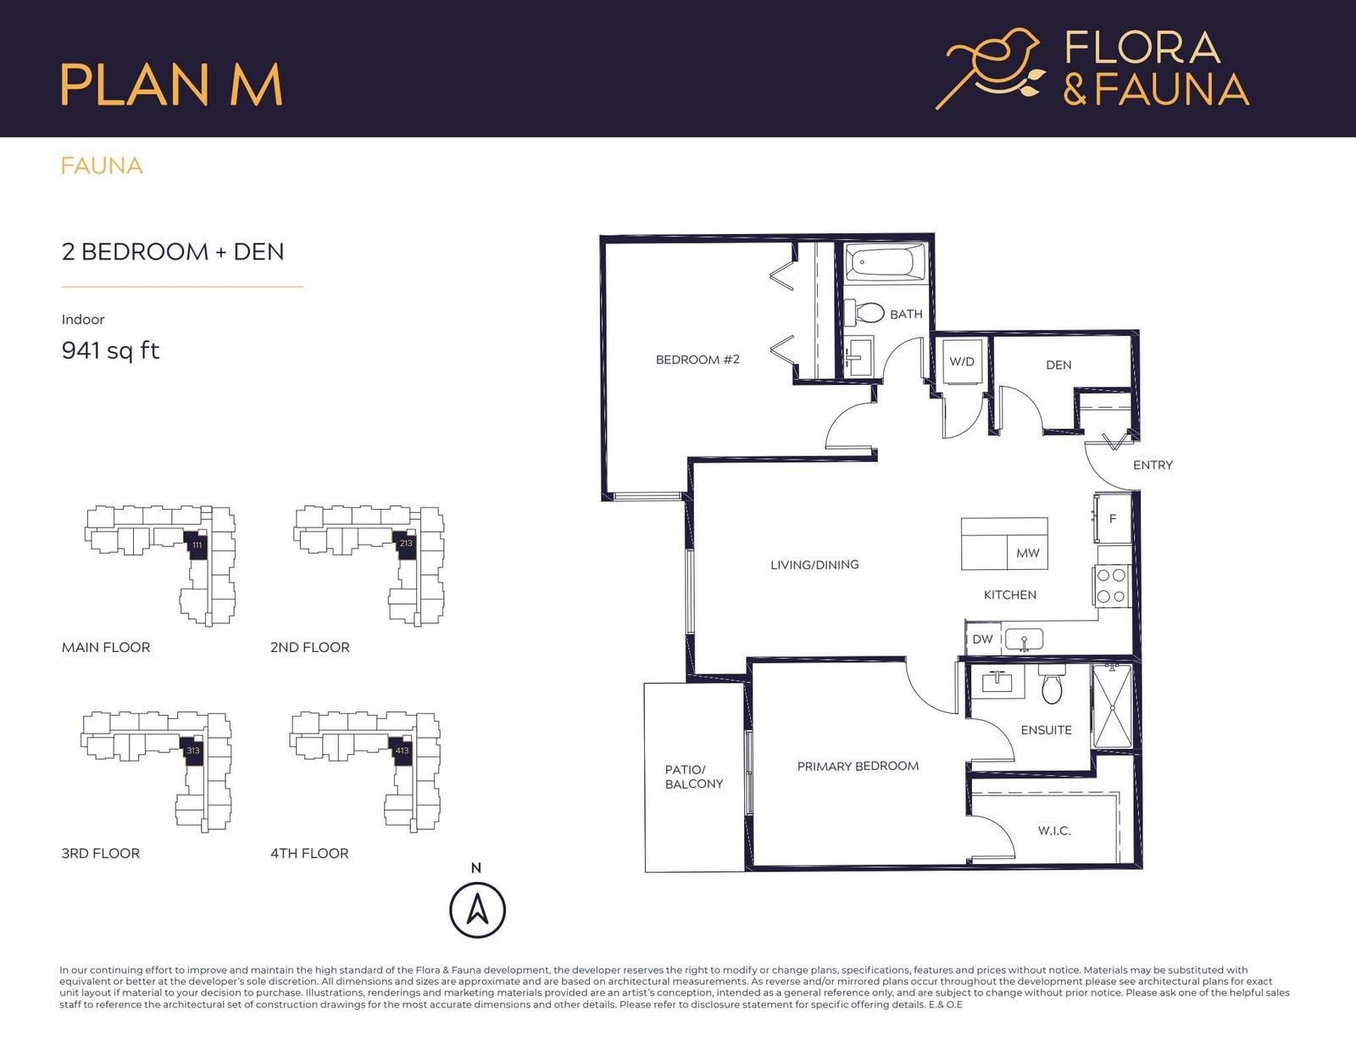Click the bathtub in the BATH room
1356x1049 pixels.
tap(886, 263)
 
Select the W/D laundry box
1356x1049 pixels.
tap(962, 362)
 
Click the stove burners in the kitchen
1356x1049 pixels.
tap(1111, 586)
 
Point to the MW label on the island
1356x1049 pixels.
tap(1028, 553)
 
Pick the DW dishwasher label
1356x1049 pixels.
tap(982, 639)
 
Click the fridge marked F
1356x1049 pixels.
tap(1113, 518)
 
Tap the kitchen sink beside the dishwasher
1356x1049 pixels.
tap(1024, 639)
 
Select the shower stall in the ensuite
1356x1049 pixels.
tap(1111, 706)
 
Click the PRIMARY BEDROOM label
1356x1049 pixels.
tap(858, 766)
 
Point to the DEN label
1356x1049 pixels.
tap(1059, 365)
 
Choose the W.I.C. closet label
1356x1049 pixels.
tap(1054, 830)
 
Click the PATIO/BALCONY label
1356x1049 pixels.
tap(694, 777)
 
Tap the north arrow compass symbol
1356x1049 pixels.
tap(477, 910)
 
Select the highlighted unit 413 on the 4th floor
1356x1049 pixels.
tap(401, 750)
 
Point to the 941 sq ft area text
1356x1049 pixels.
tap(110, 350)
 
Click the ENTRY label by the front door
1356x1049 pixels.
tap(1153, 466)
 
